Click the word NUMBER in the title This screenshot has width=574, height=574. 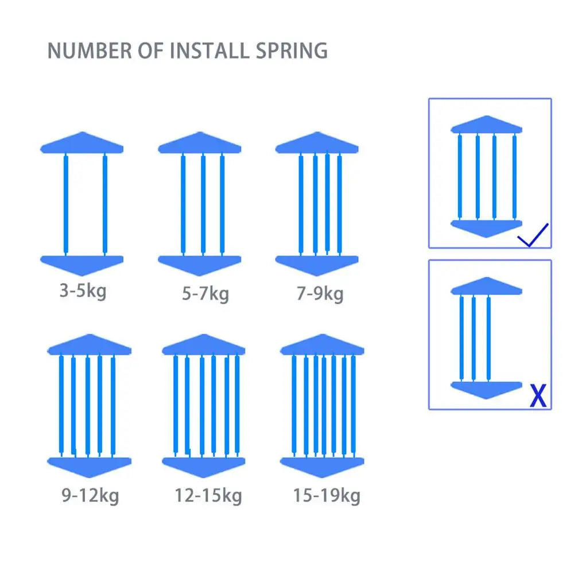click(90, 51)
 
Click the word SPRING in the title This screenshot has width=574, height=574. click(292, 51)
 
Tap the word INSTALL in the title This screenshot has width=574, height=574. click(210, 51)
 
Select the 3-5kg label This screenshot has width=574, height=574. click(83, 292)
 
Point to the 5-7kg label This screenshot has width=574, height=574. click(205, 294)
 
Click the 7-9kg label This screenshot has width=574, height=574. click(320, 294)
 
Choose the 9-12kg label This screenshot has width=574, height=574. click(91, 496)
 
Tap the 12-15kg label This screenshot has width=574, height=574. click(208, 496)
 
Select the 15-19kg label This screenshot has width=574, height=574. click(327, 496)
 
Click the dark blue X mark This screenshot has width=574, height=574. click(538, 395)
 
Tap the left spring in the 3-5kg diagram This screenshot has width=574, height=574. click(66, 204)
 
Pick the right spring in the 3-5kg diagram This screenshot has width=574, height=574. click(105, 204)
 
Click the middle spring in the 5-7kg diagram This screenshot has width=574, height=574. click(203, 204)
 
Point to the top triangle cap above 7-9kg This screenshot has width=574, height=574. click(317, 142)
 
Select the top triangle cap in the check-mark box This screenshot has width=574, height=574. click(487, 125)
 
